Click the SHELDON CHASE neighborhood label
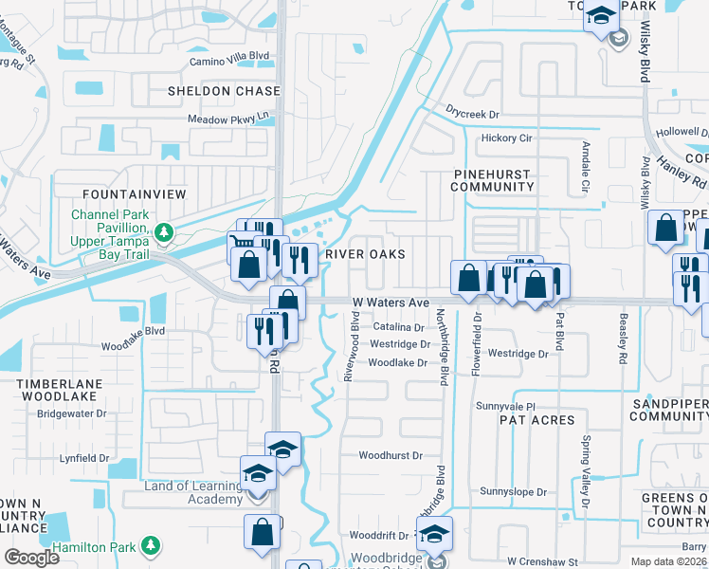click(x=224, y=91)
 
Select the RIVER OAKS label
click(x=365, y=254)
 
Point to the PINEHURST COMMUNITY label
click(x=493, y=180)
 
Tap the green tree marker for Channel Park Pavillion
click(x=164, y=230)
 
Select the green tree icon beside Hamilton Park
click(x=150, y=544)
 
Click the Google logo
click(x=31, y=557)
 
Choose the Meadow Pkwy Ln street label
click(x=228, y=119)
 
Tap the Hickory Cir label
click(x=507, y=138)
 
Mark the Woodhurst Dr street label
click(x=391, y=455)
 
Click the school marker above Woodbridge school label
click(x=434, y=534)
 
